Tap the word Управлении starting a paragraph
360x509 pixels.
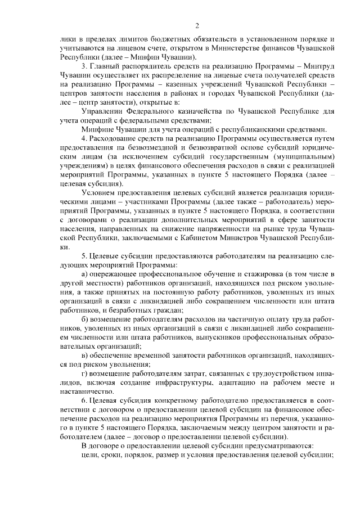coord(101,112)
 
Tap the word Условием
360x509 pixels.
coord(98,192)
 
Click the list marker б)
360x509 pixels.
coord(85,318)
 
